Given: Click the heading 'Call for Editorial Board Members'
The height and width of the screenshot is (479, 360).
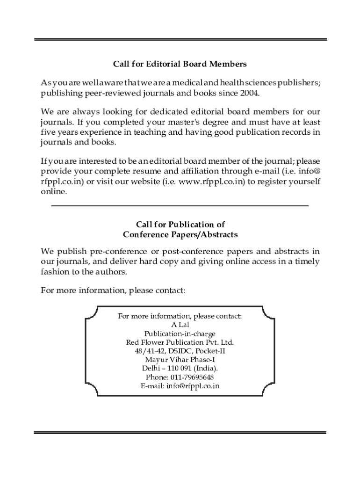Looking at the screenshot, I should click(x=180, y=63).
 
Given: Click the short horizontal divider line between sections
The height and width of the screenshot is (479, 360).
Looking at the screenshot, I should click(x=180, y=205).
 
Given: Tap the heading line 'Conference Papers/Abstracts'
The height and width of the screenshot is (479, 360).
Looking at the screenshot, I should click(x=180, y=234).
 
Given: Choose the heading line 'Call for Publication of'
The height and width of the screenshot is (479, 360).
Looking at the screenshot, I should click(x=180, y=225).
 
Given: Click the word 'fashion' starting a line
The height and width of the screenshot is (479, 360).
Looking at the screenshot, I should click(x=55, y=271).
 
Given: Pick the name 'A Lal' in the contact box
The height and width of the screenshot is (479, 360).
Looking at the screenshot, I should click(x=180, y=325).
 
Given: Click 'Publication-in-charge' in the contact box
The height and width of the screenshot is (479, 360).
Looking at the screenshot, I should click(x=180, y=334).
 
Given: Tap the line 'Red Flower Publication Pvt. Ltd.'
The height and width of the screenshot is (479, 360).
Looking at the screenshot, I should click(x=180, y=342).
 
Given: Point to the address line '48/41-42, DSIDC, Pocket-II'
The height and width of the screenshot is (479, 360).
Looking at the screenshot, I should click(x=180, y=351).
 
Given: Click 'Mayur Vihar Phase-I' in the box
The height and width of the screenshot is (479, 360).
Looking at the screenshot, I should click(x=180, y=360).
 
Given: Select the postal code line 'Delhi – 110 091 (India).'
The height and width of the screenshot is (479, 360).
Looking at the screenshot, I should click(x=180, y=368).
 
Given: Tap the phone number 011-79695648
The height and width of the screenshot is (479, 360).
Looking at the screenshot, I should click(x=190, y=377).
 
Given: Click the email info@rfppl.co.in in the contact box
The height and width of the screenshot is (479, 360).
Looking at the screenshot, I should click(x=193, y=386).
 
